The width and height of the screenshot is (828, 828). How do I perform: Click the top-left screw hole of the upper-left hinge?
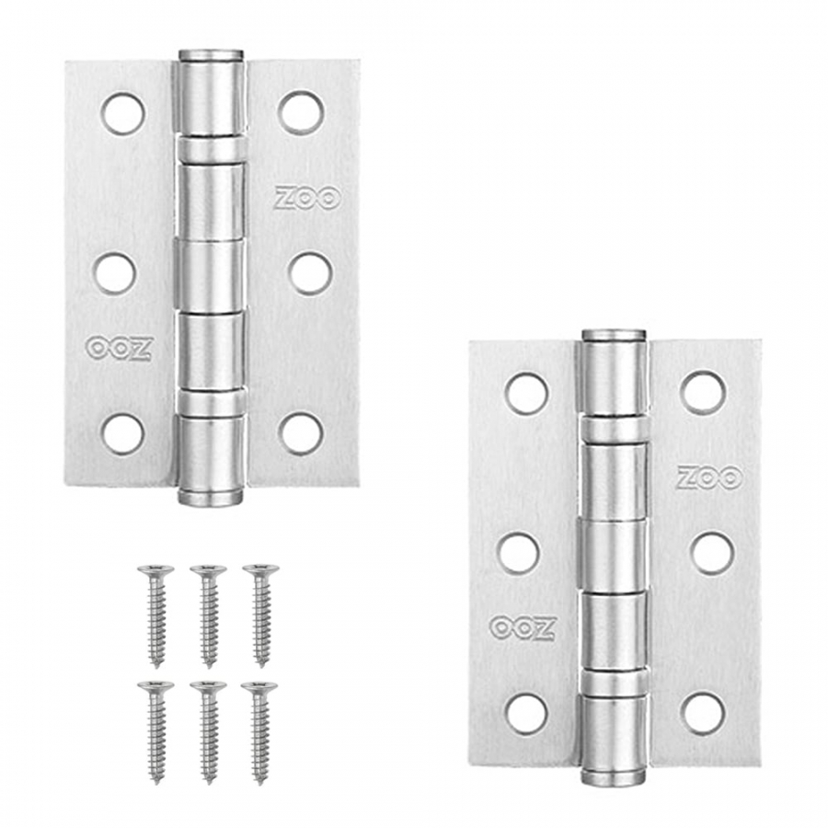pyautogui.click(x=122, y=113)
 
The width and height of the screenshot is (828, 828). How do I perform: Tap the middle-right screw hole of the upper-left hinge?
pyautogui.click(x=311, y=274)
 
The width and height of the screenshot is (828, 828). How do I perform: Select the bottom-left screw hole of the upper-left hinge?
pyautogui.click(x=122, y=434)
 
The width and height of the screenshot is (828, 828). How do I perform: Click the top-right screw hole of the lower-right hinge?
pyautogui.click(x=702, y=392)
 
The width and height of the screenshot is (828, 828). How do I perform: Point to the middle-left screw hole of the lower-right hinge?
pyautogui.click(x=517, y=554)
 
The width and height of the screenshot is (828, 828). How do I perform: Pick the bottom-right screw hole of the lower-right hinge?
pyautogui.click(x=702, y=713)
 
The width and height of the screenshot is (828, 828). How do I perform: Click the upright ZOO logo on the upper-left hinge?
pyautogui.click(x=307, y=198)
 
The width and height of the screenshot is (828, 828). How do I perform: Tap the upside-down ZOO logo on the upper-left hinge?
pyautogui.click(x=120, y=349)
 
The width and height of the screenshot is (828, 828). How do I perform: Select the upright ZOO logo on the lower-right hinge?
pyautogui.click(x=710, y=477)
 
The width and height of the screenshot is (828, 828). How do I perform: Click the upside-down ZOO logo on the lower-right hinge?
pyautogui.click(x=523, y=628)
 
